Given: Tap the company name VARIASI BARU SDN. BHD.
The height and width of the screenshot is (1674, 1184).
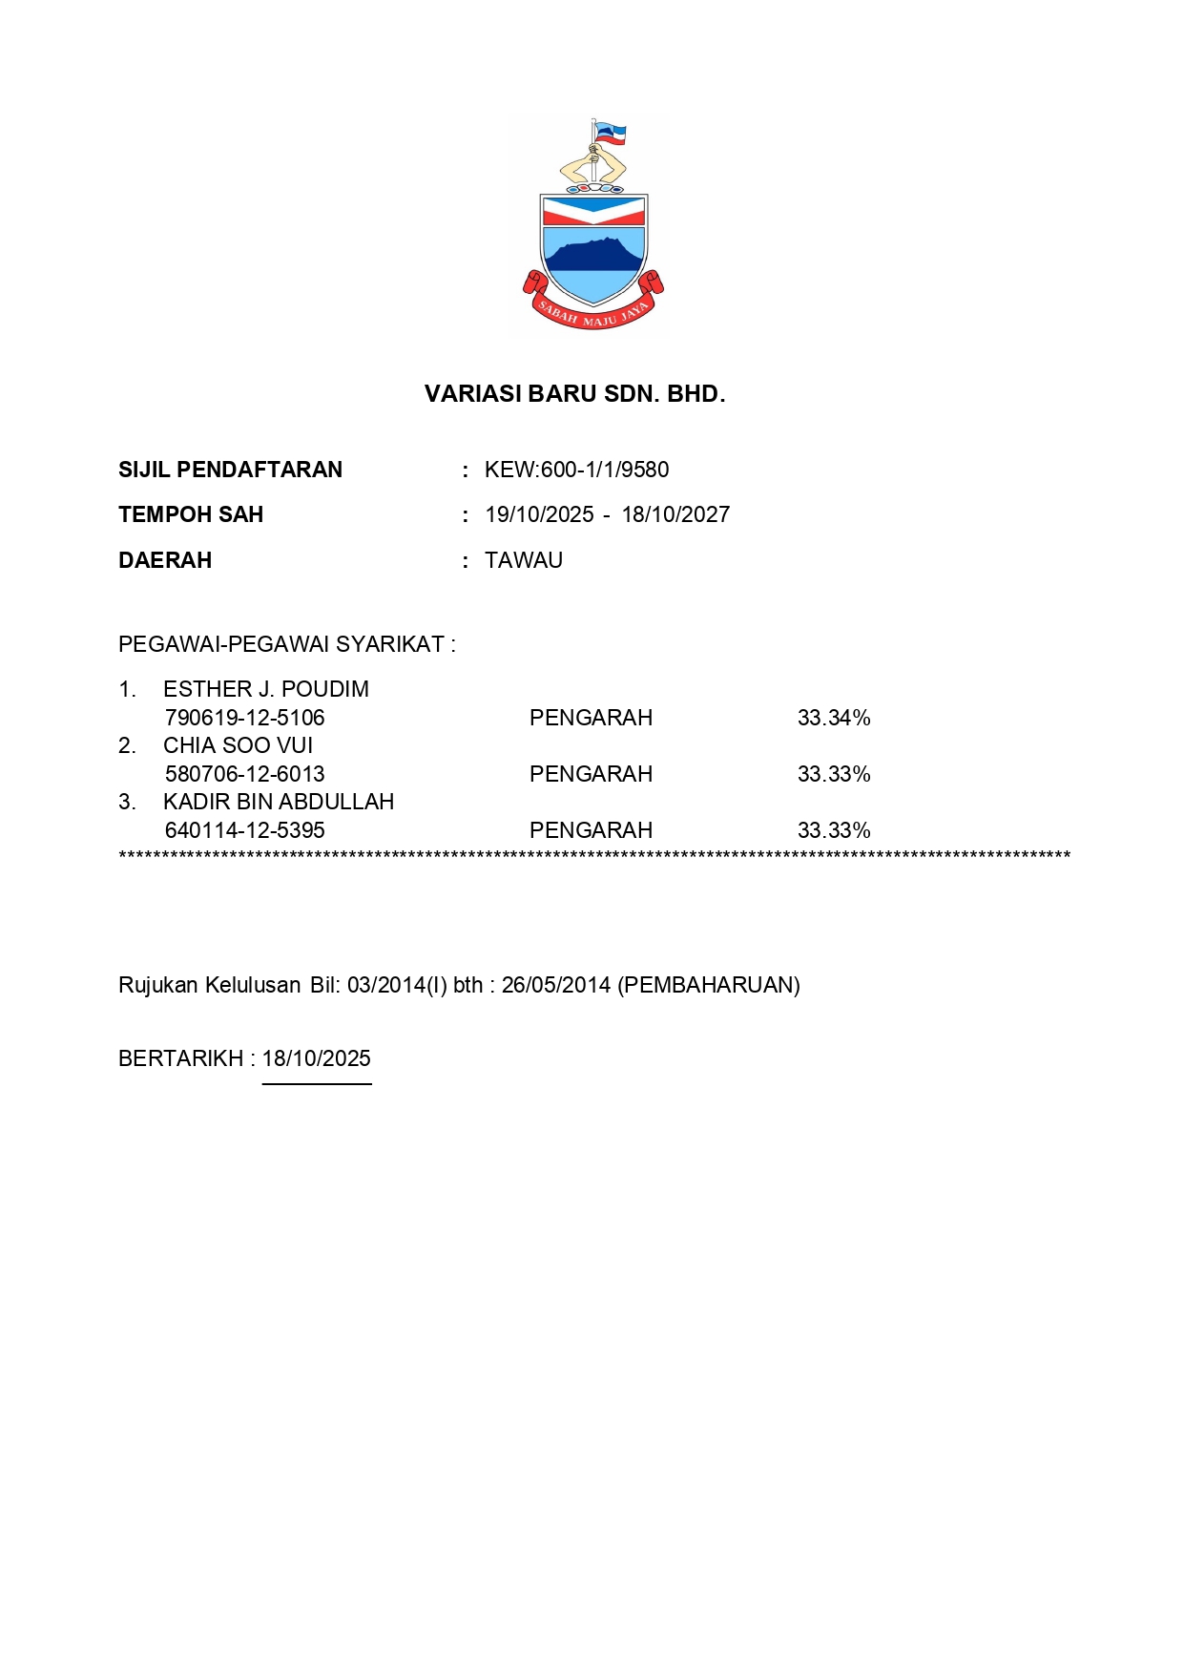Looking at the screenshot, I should (x=574, y=394).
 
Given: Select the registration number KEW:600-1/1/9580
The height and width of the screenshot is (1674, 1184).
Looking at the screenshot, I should (x=576, y=470).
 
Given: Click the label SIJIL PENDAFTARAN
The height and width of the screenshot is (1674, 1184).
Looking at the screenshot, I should (x=230, y=470).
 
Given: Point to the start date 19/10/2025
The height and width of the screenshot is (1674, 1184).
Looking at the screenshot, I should (x=539, y=514).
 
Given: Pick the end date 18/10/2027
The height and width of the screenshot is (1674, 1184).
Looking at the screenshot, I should (x=675, y=514).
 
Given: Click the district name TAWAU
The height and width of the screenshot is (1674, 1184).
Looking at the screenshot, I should (x=524, y=560).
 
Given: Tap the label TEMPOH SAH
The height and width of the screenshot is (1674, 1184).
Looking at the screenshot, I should (x=191, y=514).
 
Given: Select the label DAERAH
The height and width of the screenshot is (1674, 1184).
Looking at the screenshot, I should (x=165, y=560).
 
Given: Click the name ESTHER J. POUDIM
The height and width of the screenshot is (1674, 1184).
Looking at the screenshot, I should (x=265, y=689).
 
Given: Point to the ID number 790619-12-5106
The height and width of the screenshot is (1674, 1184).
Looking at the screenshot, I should (x=244, y=718).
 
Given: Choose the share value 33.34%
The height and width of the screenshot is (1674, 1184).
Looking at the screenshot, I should (x=834, y=718).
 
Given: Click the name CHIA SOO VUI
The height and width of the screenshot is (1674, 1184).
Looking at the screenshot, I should (x=238, y=745).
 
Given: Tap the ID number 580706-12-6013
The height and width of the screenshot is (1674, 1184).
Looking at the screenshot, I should (x=244, y=774).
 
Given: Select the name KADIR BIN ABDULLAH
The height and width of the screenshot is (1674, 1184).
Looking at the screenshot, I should (x=279, y=802).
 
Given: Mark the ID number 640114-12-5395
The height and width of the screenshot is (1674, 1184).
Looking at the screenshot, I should (x=244, y=830).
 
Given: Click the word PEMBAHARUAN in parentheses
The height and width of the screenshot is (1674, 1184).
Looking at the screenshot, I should (x=709, y=985).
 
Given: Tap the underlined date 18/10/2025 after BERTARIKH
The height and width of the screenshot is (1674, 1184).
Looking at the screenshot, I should (x=317, y=1058).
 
